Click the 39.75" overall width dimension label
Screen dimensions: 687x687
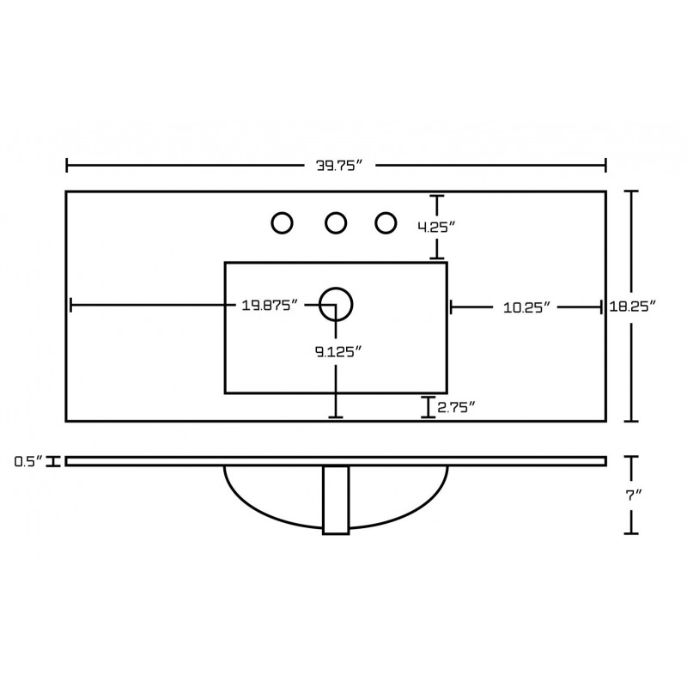(x=339, y=166)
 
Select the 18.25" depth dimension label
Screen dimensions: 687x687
(x=632, y=306)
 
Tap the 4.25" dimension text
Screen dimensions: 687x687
(x=436, y=228)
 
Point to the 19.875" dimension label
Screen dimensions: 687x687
(x=270, y=305)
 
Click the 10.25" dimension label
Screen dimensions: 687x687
(x=526, y=307)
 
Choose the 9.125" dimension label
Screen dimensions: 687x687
(x=338, y=351)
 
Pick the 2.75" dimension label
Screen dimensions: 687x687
(x=456, y=408)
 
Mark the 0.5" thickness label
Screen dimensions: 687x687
(x=29, y=461)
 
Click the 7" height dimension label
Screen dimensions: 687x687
(x=634, y=495)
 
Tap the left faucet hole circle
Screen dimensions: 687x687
(x=283, y=223)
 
